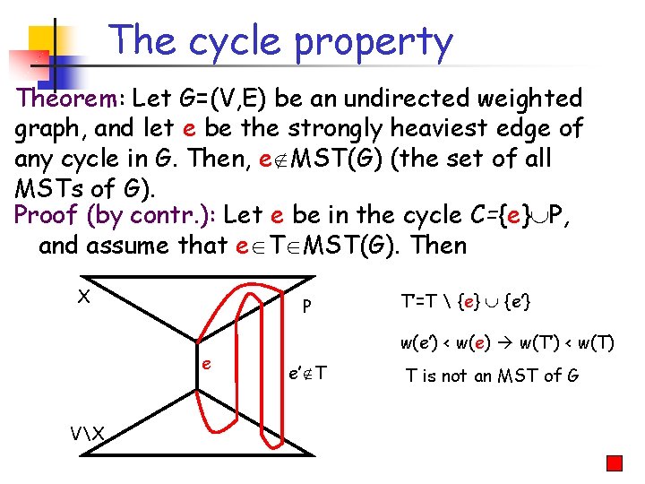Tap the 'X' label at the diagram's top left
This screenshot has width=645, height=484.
tap(83, 297)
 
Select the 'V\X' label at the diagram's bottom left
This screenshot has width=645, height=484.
tap(87, 434)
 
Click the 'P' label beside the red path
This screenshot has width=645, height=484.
tap(306, 307)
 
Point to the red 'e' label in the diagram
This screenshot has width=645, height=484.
tap(206, 365)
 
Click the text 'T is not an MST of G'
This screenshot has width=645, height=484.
tap(492, 376)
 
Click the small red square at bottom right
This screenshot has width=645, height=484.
tap(614, 463)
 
